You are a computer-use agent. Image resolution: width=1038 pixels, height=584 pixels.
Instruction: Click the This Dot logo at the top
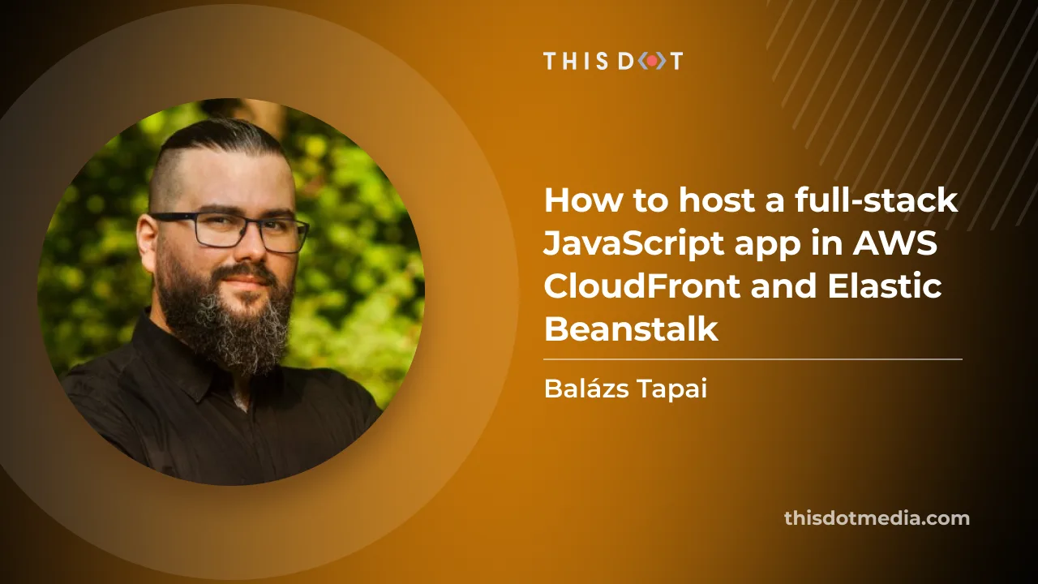pos(612,61)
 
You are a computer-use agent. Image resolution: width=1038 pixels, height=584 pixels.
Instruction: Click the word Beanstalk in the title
pos(631,329)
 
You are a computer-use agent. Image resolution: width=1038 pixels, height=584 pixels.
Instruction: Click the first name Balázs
pos(581,389)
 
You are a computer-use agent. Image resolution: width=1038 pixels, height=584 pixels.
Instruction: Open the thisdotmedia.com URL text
pos(877,518)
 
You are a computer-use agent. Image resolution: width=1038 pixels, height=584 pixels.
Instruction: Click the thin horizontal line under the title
pos(753,359)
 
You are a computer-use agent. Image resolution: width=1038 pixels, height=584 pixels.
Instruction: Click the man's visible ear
pos(146,238)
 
